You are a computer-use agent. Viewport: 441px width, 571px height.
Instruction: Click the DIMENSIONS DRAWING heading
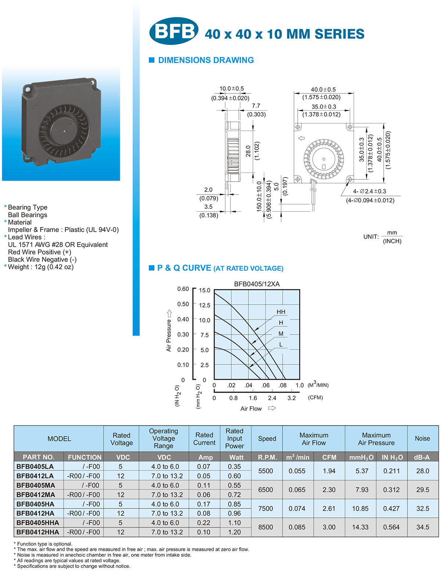pyautogui.click(x=206, y=60)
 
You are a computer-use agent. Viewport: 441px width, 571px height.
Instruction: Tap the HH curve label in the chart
pyautogui.click(x=281, y=312)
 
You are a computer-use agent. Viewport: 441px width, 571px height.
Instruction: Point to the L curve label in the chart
pyautogui.click(x=281, y=345)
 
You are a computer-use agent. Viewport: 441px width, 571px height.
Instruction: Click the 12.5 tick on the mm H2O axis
pyautogui.click(x=204, y=305)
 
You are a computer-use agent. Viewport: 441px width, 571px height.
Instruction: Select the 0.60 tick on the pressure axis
pyautogui.click(x=183, y=289)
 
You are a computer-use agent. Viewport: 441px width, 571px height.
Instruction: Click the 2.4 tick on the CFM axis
pyautogui.click(x=272, y=398)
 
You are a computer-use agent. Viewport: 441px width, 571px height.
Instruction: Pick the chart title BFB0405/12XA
pyautogui.click(x=257, y=284)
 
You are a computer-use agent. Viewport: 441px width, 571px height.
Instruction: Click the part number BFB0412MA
pyautogui.click(x=36, y=495)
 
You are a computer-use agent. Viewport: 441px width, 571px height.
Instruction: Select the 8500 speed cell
pyautogui.click(x=266, y=527)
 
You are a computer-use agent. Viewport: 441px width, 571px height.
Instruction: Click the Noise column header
pyautogui.click(x=422, y=438)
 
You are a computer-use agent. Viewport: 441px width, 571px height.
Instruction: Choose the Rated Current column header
pyautogui.click(x=204, y=439)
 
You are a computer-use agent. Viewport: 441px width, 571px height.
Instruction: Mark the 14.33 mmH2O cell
pyautogui.click(x=360, y=527)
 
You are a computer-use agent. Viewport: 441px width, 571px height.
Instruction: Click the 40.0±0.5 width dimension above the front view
pyautogui.click(x=323, y=89)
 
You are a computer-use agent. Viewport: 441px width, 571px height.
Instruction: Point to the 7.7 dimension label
pyautogui.click(x=256, y=106)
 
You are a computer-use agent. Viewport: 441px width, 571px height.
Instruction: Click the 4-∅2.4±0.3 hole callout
pyautogui.click(x=369, y=191)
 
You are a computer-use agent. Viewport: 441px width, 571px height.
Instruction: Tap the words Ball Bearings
pyautogui.click(x=28, y=215)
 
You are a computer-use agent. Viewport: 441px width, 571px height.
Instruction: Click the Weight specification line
pyautogui.click(x=40, y=267)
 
